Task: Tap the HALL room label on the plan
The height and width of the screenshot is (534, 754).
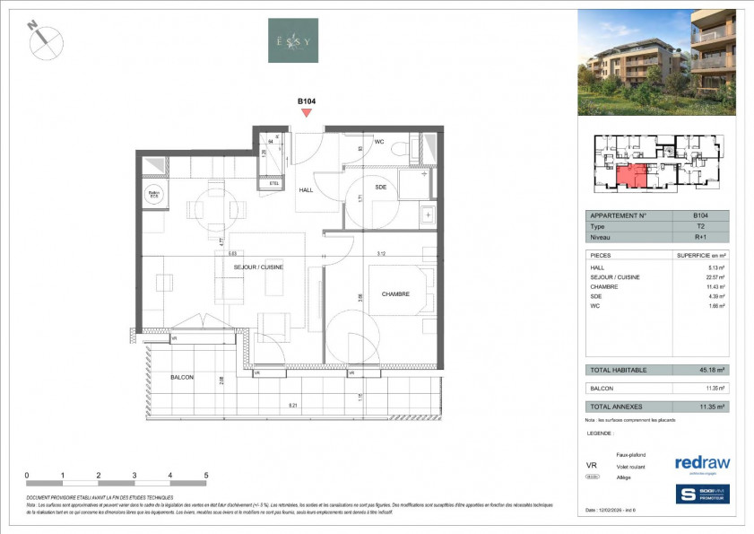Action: (307, 189)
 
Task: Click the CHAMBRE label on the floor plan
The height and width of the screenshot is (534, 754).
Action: (395, 294)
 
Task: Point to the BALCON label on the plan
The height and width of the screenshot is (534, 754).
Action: (183, 378)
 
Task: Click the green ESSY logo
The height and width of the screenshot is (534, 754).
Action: (293, 40)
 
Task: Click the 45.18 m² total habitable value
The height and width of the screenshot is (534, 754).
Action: (711, 370)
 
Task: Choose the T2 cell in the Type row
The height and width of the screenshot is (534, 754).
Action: (700, 227)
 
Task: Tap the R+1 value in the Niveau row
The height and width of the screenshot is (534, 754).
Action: (700, 239)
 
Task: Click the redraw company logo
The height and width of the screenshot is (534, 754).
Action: (702, 463)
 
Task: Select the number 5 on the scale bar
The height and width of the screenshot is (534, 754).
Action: (206, 475)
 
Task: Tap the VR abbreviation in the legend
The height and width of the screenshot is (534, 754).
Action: (592, 466)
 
